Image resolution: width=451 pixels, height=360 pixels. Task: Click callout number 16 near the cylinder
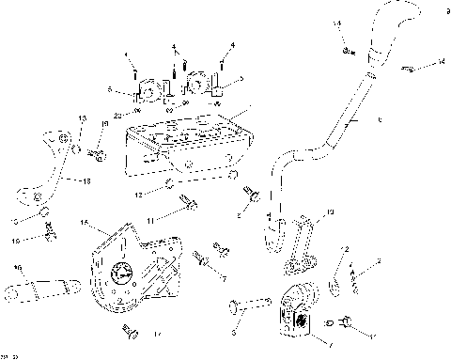coord(16,268)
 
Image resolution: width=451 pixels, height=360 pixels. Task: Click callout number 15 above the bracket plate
coord(84,223)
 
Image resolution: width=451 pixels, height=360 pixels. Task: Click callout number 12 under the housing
coord(137,195)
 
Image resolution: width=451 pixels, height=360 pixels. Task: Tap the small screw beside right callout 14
coord(411,68)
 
